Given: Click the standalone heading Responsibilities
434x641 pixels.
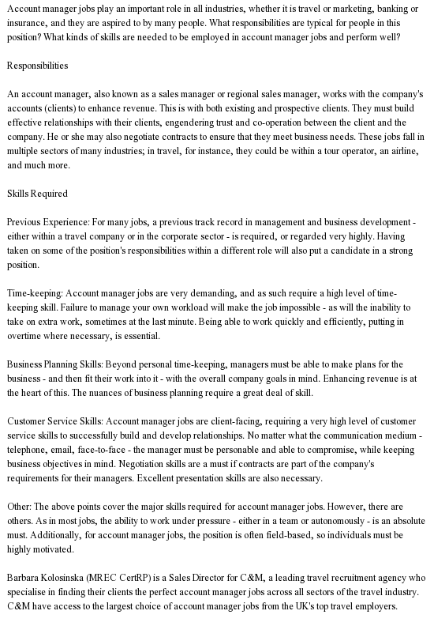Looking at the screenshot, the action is (37, 65).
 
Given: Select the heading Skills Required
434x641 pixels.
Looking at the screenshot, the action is (37, 193).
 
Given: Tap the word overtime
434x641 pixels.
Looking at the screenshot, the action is (31, 335).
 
